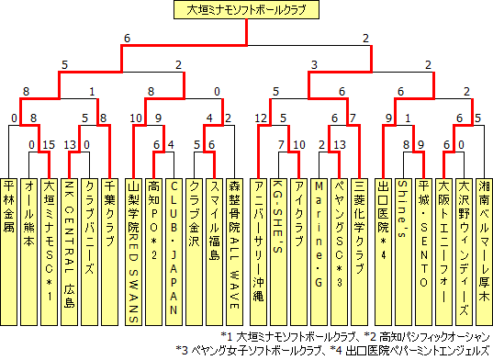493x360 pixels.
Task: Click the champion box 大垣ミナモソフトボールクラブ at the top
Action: click(246, 11)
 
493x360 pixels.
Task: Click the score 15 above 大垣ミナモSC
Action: click(51, 144)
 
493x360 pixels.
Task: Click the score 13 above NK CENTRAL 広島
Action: click(69, 144)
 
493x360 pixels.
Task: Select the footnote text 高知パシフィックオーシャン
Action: click(435, 336)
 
